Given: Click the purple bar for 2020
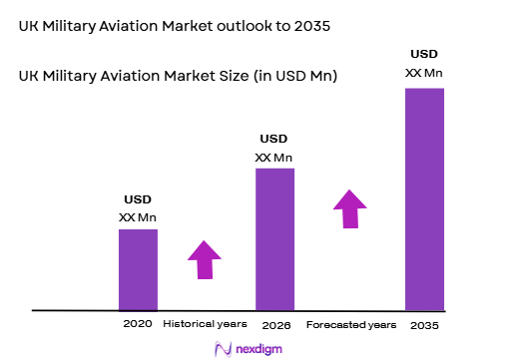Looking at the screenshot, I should (x=138, y=269).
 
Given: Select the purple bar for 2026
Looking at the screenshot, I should (x=274, y=239).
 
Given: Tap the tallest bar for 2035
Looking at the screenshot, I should (x=423, y=199).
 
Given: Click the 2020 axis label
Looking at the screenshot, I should (x=137, y=325).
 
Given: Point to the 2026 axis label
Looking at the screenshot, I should (x=274, y=326).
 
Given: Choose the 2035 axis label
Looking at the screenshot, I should (x=423, y=326).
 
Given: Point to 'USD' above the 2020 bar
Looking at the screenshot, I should (x=138, y=199).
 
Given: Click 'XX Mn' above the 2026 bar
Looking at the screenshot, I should (x=274, y=158).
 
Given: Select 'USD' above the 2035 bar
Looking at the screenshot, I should (x=423, y=53).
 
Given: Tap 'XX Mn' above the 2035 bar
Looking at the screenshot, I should (x=423, y=73).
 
